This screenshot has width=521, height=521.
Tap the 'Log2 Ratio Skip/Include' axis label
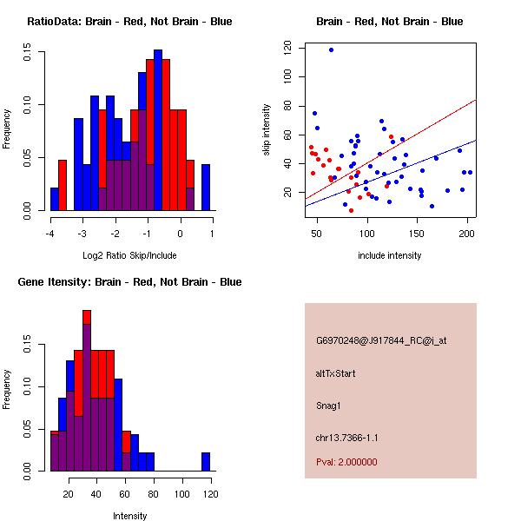[129, 255]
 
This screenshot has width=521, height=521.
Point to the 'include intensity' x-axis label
[390, 255]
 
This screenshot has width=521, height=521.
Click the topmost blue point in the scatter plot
[331, 49]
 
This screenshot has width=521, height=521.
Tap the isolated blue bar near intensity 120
[206, 461]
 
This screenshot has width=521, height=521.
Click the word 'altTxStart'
[336, 373]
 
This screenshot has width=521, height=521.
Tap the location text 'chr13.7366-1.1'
[346, 437]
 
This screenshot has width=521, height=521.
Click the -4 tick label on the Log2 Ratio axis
[49, 232]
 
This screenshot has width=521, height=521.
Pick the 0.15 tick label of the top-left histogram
[30, 54]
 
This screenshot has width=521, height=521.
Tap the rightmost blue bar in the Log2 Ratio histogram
[206, 187]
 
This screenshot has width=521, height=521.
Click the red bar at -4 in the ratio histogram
[63, 185]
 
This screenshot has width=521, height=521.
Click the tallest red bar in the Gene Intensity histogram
[87, 317]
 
